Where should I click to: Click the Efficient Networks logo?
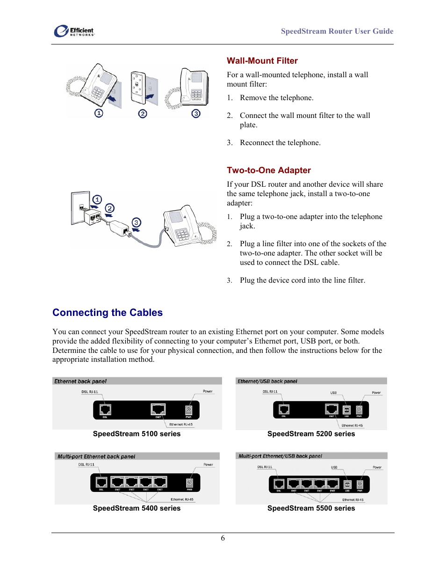click(x=74, y=31)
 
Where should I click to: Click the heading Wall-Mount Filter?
click(x=262, y=61)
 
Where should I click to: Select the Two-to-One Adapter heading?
click(x=268, y=170)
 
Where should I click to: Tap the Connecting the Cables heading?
click(x=108, y=313)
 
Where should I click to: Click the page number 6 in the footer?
click(x=223, y=538)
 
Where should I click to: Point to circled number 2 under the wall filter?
click(x=143, y=114)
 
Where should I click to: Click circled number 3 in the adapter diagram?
click(x=136, y=222)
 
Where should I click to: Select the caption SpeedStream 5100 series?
click(x=137, y=434)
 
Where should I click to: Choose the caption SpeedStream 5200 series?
click(x=311, y=434)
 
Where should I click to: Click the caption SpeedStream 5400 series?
click(x=137, y=508)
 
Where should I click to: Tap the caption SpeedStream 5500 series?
click(x=311, y=508)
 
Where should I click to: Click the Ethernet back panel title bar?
click(x=137, y=381)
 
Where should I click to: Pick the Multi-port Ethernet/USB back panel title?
click(x=280, y=456)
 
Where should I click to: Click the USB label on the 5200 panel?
click(x=333, y=393)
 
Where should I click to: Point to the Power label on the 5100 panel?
click(x=208, y=391)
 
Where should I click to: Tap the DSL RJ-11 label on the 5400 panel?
click(x=86, y=465)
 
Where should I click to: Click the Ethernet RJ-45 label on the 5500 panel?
click(x=352, y=500)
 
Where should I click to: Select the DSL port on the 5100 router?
click(x=105, y=410)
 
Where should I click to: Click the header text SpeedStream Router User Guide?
click(x=337, y=31)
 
